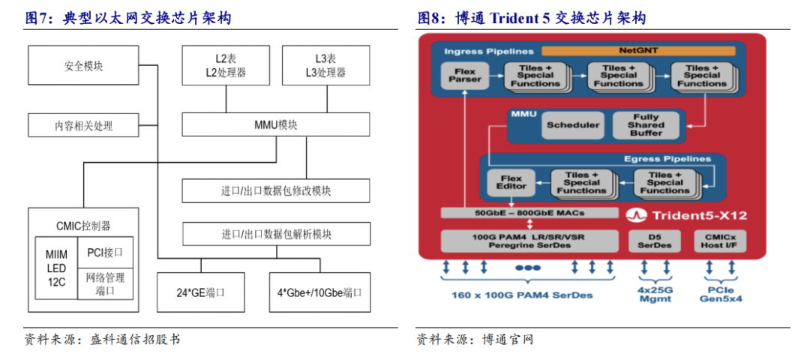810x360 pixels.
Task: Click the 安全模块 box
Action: tap(83, 65)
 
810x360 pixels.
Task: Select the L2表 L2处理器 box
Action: tap(226, 65)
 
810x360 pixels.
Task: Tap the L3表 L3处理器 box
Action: tap(325, 65)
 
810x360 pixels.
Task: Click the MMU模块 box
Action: tap(275, 125)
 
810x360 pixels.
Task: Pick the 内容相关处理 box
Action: tap(83, 125)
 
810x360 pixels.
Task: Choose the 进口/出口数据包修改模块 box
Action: tap(275, 190)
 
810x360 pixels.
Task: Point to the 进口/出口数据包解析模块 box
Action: tap(275, 234)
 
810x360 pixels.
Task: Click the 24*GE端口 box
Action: tap(200, 292)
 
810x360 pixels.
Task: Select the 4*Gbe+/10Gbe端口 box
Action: tap(319, 292)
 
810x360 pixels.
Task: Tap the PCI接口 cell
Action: tap(105, 253)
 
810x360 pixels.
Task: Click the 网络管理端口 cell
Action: tap(105, 283)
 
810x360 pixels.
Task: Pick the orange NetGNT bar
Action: tap(638, 52)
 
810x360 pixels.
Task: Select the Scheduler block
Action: tap(573, 125)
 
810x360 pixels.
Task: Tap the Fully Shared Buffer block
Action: tap(646, 125)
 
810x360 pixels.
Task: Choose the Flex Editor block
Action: tap(511, 181)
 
